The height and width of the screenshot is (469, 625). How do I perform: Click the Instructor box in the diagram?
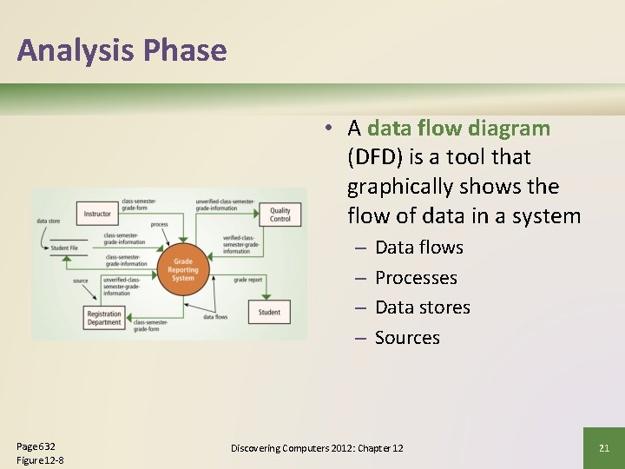click(x=97, y=214)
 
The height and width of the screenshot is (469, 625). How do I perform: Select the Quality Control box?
click(x=280, y=215)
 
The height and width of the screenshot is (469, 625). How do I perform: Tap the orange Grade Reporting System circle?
click(x=183, y=268)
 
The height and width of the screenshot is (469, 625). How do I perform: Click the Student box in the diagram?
click(x=269, y=312)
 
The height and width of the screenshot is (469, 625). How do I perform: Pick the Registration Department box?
click(x=104, y=319)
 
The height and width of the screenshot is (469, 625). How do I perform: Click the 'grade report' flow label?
click(x=247, y=281)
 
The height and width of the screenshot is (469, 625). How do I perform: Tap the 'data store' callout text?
click(x=48, y=221)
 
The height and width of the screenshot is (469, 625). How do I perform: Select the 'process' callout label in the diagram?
click(x=159, y=224)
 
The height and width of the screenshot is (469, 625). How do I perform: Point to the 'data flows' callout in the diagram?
click(x=215, y=317)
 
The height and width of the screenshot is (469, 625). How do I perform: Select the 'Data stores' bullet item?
click(x=422, y=307)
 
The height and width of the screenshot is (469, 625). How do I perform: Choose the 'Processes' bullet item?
click(x=416, y=278)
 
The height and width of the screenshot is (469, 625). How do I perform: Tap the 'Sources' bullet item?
click(x=407, y=338)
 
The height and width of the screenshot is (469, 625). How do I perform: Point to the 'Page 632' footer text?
click(x=36, y=446)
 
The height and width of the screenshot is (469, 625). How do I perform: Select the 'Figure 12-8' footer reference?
click(x=40, y=459)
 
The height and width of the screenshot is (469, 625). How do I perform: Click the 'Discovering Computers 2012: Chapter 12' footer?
click(x=317, y=448)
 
